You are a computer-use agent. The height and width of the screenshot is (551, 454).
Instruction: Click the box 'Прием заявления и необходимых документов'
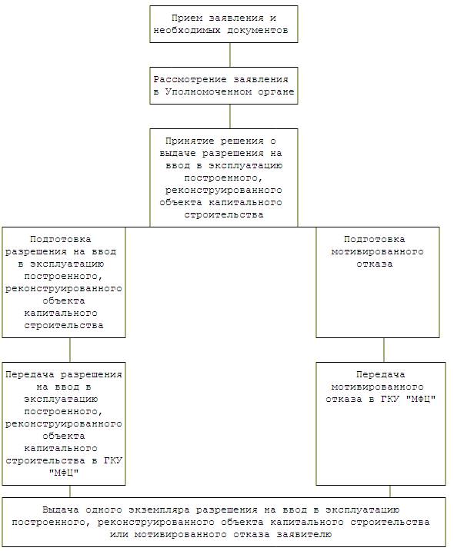(224, 25)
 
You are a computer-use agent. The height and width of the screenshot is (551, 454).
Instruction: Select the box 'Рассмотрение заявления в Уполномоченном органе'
(224, 85)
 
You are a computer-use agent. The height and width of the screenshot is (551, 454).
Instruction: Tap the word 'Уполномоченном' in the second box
(209, 91)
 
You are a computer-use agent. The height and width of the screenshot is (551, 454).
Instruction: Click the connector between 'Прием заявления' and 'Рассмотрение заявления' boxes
(230, 55)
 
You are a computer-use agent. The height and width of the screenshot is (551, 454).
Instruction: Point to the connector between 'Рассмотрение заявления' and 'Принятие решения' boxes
(230, 116)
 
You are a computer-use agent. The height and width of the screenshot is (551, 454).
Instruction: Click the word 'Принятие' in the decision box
(190, 141)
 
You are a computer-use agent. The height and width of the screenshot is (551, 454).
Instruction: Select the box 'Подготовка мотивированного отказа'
(378, 282)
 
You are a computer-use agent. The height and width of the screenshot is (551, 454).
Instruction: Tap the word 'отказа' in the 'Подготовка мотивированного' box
(375, 264)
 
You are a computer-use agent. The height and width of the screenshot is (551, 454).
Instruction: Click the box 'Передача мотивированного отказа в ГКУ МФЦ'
(381, 423)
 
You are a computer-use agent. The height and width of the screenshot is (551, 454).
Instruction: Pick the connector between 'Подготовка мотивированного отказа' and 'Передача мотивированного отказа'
(384, 350)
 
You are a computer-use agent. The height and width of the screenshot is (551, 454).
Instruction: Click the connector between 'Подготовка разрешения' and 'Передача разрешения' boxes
(70, 350)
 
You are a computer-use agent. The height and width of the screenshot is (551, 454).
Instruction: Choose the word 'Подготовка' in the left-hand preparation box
(61, 239)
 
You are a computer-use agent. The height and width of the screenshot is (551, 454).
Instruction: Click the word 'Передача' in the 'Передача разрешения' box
(30, 374)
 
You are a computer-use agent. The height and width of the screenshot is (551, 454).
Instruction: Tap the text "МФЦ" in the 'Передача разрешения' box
(64, 473)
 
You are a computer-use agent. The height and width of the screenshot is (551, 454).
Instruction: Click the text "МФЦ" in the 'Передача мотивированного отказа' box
(421, 399)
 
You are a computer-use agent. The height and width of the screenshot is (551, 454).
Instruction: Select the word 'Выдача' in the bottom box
(61, 510)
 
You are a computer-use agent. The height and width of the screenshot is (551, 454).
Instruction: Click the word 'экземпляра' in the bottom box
(159, 510)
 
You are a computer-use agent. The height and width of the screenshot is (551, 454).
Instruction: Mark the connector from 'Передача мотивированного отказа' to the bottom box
(390, 491)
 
